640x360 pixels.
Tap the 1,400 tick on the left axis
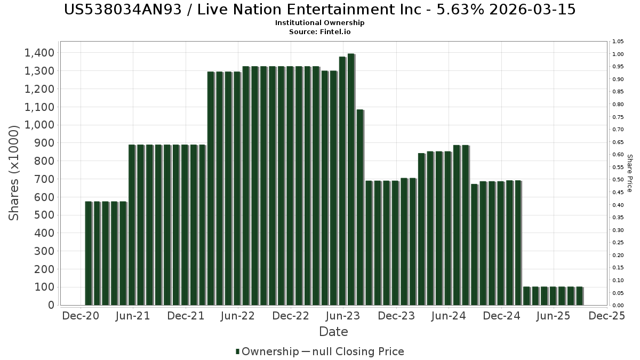click(39, 53)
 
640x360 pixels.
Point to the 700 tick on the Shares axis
click(43, 179)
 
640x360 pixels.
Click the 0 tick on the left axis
click(51, 305)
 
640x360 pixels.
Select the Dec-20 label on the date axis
click(80, 316)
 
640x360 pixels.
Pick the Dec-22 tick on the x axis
click(291, 316)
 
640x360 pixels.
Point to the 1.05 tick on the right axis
click(618, 42)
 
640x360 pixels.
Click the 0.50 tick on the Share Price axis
click(618, 180)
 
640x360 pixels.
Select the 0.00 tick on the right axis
click(618, 305)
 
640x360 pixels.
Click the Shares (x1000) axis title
click(14, 173)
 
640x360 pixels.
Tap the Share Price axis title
click(630, 173)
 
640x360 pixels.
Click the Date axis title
click(333, 332)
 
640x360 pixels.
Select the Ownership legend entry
click(267, 351)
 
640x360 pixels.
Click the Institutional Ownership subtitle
click(319, 23)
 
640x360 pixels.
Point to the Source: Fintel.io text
click(319, 32)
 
